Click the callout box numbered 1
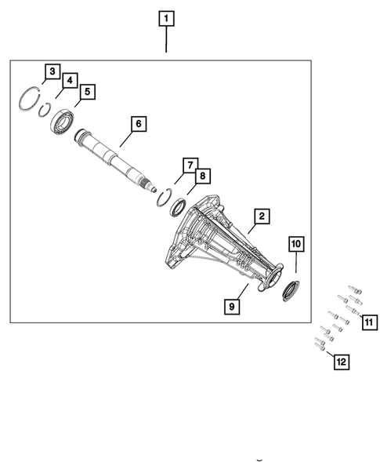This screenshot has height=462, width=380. [x=167, y=17]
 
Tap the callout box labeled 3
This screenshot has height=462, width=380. [x=51, y=73]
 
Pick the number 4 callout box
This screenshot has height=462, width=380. [x=69, y=82]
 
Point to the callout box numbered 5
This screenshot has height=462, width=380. [x=87, y=92]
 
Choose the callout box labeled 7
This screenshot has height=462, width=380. [x=189, y=165]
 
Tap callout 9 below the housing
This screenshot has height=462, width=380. [x=233, y=307]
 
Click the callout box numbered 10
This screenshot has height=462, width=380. [x=296, y=245]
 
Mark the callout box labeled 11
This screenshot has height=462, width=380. [x=367, y=321]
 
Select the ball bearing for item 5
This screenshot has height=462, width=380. [x=62, y=122]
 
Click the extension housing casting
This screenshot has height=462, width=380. [x=219, y=243]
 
